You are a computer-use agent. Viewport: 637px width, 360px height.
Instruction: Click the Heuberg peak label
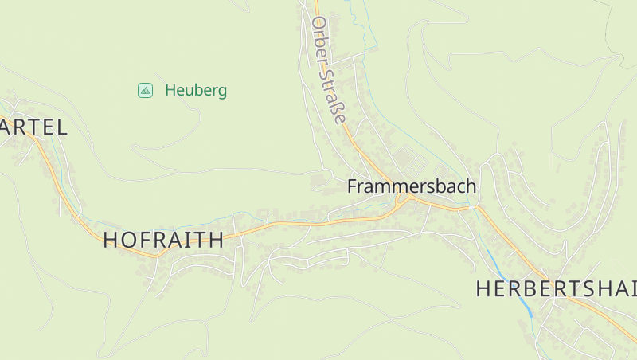[196, 91]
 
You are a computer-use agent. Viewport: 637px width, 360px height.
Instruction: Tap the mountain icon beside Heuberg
[145, 90]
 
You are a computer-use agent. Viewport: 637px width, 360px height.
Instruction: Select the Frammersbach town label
[412, 186]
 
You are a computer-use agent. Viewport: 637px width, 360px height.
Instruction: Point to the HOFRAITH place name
[163, 241]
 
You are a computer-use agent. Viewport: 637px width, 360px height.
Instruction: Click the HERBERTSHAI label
[556, 289]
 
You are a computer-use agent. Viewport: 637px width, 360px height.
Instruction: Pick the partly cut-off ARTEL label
[33, 127]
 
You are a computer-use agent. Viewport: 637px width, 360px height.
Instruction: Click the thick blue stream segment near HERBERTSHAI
[521, 299]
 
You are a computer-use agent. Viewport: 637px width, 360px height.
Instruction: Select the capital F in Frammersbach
[352, 186]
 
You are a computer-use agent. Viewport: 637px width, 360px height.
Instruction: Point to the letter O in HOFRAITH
[134, 241]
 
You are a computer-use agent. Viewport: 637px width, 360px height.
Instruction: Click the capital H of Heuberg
[170, 91]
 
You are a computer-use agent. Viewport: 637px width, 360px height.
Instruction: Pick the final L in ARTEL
[61, 127]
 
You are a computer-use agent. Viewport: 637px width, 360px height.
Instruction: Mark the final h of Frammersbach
[471, 186]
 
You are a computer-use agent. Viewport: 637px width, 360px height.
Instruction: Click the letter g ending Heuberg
[222, 92]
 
